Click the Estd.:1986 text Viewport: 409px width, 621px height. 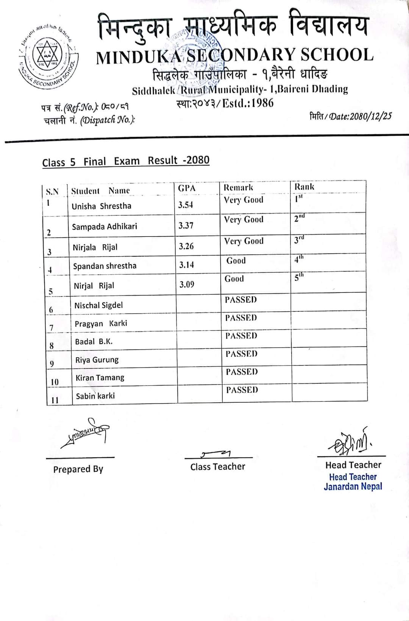coord(248,103)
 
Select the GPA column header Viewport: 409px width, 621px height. coord(187,188)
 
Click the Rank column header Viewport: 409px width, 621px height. coord(304,187)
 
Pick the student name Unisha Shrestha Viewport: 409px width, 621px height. coord(101,206)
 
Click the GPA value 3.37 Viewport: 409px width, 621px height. coord(186,226)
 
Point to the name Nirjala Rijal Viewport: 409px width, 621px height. coord(95,247)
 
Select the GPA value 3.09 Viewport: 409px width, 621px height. coord(187,284)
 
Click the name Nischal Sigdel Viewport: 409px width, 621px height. coord(98,305)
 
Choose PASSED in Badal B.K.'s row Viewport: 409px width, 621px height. coord(241,336)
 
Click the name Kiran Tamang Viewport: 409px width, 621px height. coord(100,378)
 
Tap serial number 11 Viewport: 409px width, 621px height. coord(55,400)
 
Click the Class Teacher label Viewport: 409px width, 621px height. coord(218,467)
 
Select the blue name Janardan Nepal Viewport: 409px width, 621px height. coord(353,487)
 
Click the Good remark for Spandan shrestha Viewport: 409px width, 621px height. coord(236,261)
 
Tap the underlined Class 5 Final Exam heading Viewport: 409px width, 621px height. coord(126,161)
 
